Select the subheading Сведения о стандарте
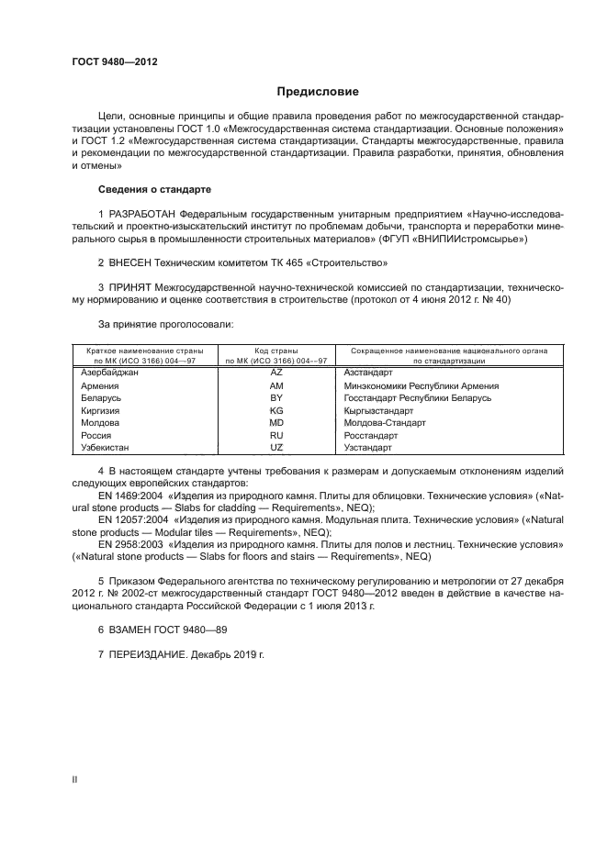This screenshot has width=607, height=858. (x=154, y=189)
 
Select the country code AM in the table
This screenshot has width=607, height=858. (x=276, y=386)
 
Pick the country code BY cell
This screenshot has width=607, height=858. (x=276, y=398)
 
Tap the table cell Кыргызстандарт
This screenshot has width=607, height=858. (x=380, y=411)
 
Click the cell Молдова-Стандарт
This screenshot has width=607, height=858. (x=385, y=423)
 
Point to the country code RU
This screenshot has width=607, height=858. (x=276, y=436)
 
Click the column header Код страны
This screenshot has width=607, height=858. (x=276, y=351)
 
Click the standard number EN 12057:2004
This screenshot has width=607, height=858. (x=133, y=519)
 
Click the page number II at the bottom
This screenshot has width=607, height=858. (x=75, y=779)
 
